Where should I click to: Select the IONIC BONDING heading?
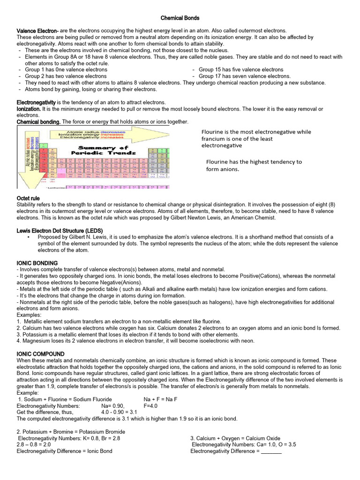(x=37, y=263)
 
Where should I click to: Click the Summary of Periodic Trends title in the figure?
(x=98, y=150)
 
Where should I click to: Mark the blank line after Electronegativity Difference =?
(x=271, y=451)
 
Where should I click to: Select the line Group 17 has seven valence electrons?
(x=244, y=76)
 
